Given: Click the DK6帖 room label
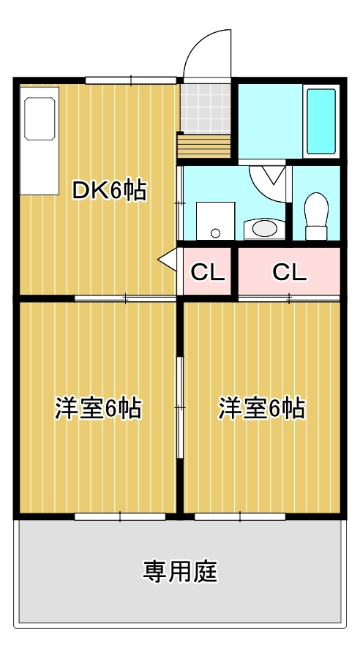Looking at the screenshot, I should click(109, 191).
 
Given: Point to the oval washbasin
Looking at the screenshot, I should click(263, 229).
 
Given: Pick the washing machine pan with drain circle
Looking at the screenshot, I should click(215, 220).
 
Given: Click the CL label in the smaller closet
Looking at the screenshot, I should click(207, 272).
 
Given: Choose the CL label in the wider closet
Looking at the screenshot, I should click(289, 272).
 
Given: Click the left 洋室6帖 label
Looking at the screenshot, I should click(97, 408).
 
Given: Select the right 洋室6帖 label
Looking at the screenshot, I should click(261, 408).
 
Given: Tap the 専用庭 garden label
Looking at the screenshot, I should click(179, 570).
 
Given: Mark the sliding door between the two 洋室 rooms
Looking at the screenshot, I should click(179, 407).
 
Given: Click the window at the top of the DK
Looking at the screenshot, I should click(131, 80).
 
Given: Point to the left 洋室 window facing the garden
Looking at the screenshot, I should click(120, 516).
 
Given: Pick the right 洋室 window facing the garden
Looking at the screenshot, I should click(239, 516).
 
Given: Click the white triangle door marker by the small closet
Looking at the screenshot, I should click(168, 259).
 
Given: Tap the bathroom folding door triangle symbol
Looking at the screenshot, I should click(271, 175).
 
